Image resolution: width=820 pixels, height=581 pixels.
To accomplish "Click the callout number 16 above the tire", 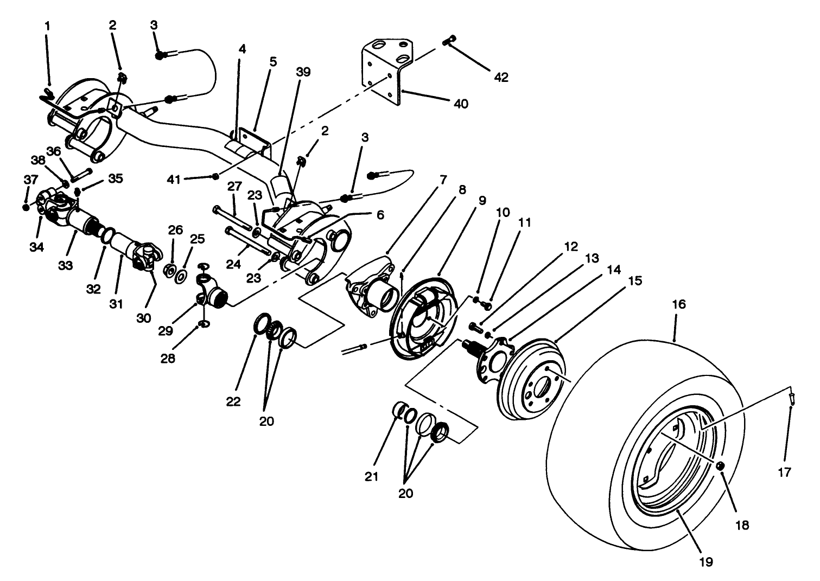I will [679, 305].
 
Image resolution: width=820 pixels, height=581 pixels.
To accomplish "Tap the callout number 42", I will [501, 78].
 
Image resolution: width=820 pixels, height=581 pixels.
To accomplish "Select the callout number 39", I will [303, 72].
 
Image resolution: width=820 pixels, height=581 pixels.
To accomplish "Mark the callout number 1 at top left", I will [47, 25].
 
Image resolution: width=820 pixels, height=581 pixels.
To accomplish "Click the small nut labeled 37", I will [26, 207].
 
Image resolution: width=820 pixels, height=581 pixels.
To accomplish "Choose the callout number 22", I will [234, 401].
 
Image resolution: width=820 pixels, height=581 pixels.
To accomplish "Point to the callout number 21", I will [371, 476].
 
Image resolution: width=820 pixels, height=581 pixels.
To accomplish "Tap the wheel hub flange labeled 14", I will [491, 361].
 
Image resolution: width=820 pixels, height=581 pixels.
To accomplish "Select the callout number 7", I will [443, 180].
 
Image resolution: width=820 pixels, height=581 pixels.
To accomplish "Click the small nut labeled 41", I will [216, 176].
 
